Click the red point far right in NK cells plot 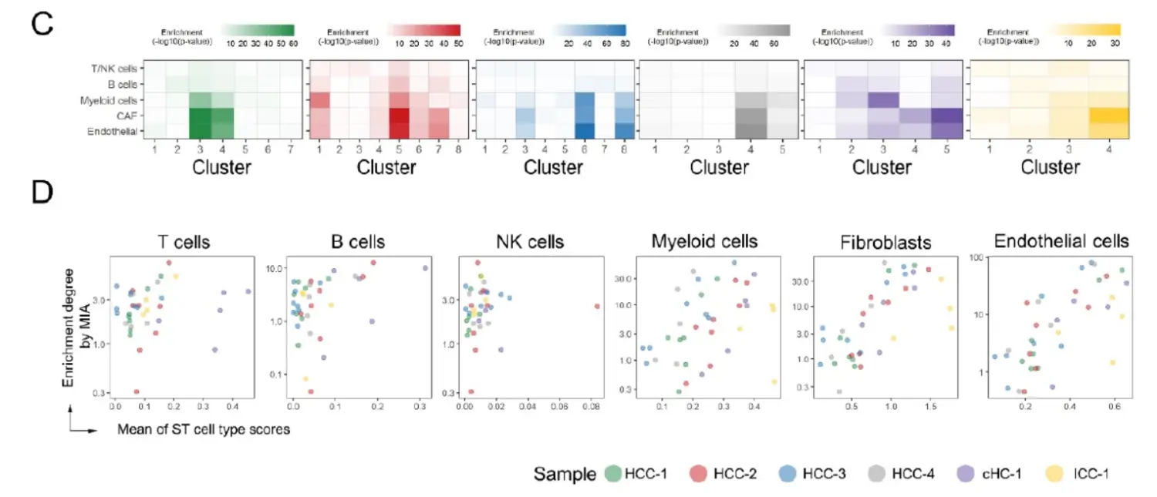pyautogui.click(x=596, y=306)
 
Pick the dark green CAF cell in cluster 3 pyautogui.click(x=199, y=116)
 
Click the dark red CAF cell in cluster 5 pyautogui.click(x=398, y=116)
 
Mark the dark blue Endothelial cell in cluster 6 pyautogui.click(x=584, y=132)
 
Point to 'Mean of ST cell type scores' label pyautogui.click(x=204, y=429)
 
